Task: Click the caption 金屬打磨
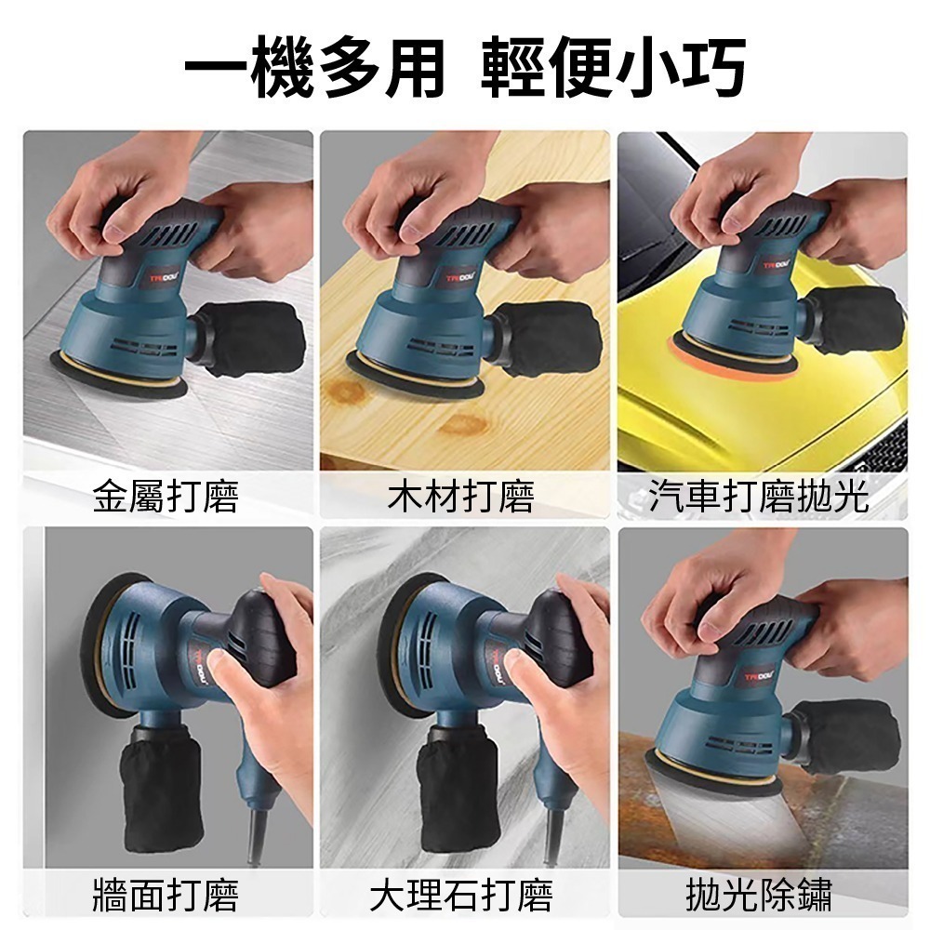166,498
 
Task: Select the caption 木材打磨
461,498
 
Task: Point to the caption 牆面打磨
166,896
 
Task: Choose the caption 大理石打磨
461,896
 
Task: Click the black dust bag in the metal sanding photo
253,337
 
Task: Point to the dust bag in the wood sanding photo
549,337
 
